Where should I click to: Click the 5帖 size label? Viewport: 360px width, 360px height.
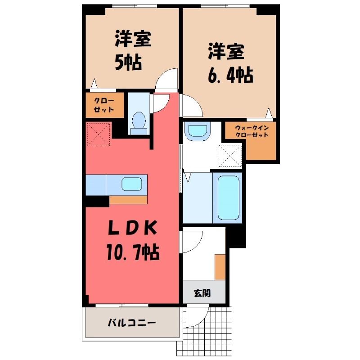[128, 63]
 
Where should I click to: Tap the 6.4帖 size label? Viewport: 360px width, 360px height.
[230, 75]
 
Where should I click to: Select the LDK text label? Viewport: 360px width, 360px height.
[133, 228]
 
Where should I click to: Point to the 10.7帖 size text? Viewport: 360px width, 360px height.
[133, 252]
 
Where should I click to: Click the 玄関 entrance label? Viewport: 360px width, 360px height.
[202, 293]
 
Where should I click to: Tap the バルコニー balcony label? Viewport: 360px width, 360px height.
[132, 323]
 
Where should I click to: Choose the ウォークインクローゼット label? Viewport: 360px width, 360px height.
[252, 131]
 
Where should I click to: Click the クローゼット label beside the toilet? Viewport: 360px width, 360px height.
[104, 105]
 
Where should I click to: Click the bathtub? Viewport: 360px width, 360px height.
[228, 198]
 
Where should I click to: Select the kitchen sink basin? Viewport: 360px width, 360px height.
[132, 184]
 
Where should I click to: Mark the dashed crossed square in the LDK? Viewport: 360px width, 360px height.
[99, 134]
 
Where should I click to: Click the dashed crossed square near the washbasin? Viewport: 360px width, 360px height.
[230, 156]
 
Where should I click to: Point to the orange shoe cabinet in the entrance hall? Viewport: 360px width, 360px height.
[220, 267]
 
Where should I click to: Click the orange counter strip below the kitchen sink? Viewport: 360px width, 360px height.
[128, 200]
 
